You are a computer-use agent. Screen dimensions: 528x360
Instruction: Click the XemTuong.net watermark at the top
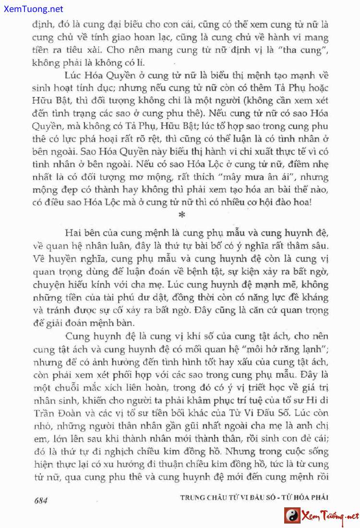[x=32, y=9]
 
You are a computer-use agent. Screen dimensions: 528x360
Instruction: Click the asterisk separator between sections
[x=181, y=214]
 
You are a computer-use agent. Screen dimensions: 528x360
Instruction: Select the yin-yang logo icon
[x=292, y=516]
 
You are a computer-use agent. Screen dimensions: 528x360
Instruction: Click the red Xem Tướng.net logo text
[x=329, y=516]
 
